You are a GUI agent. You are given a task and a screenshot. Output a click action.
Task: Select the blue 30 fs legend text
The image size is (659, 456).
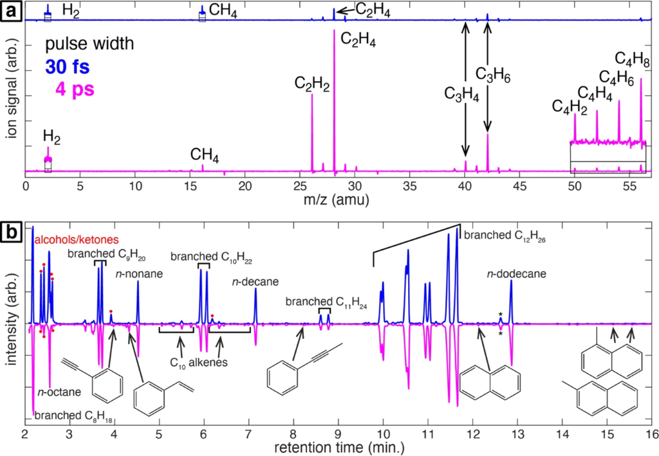[x=68, y=67]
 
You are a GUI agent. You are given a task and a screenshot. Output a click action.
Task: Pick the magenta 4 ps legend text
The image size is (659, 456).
[x=75, y=89]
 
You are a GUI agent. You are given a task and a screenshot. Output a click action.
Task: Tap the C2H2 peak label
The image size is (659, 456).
[x=312, y=84]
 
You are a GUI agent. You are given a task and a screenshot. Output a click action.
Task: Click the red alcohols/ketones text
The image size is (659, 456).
[x=77, y=240]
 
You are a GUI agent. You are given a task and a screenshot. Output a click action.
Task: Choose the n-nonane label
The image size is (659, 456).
[x=139, y=274]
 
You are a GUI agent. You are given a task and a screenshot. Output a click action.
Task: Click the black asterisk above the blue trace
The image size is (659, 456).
[x=501, y=315]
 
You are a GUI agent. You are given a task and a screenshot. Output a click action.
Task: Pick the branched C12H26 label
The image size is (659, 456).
[x=505, y=235]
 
